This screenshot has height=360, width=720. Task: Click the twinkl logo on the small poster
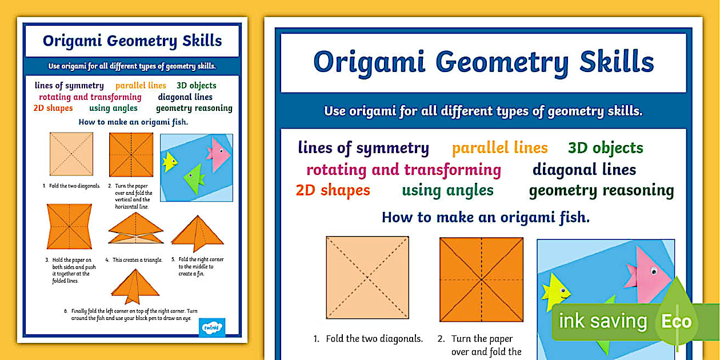(215, 327)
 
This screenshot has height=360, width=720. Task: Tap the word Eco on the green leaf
(676, 321)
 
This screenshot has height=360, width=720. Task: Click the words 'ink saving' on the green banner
(602, 321)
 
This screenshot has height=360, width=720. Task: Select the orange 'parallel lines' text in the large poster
(499, 148)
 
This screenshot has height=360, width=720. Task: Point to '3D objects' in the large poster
(605, 148)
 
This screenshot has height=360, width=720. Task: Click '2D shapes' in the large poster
(333, 190)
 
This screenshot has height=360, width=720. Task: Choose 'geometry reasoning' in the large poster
(601, 190)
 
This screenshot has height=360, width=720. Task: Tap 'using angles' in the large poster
(447, 190)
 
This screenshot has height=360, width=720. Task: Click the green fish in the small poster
(194, 179)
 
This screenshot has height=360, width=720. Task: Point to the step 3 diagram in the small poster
(70, 226)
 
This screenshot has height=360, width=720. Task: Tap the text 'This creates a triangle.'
(137, 260)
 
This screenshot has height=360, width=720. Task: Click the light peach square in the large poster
(367, 278)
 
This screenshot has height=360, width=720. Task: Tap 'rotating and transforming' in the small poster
(90, 97)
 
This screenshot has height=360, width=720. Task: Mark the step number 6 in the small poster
(66, 311)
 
